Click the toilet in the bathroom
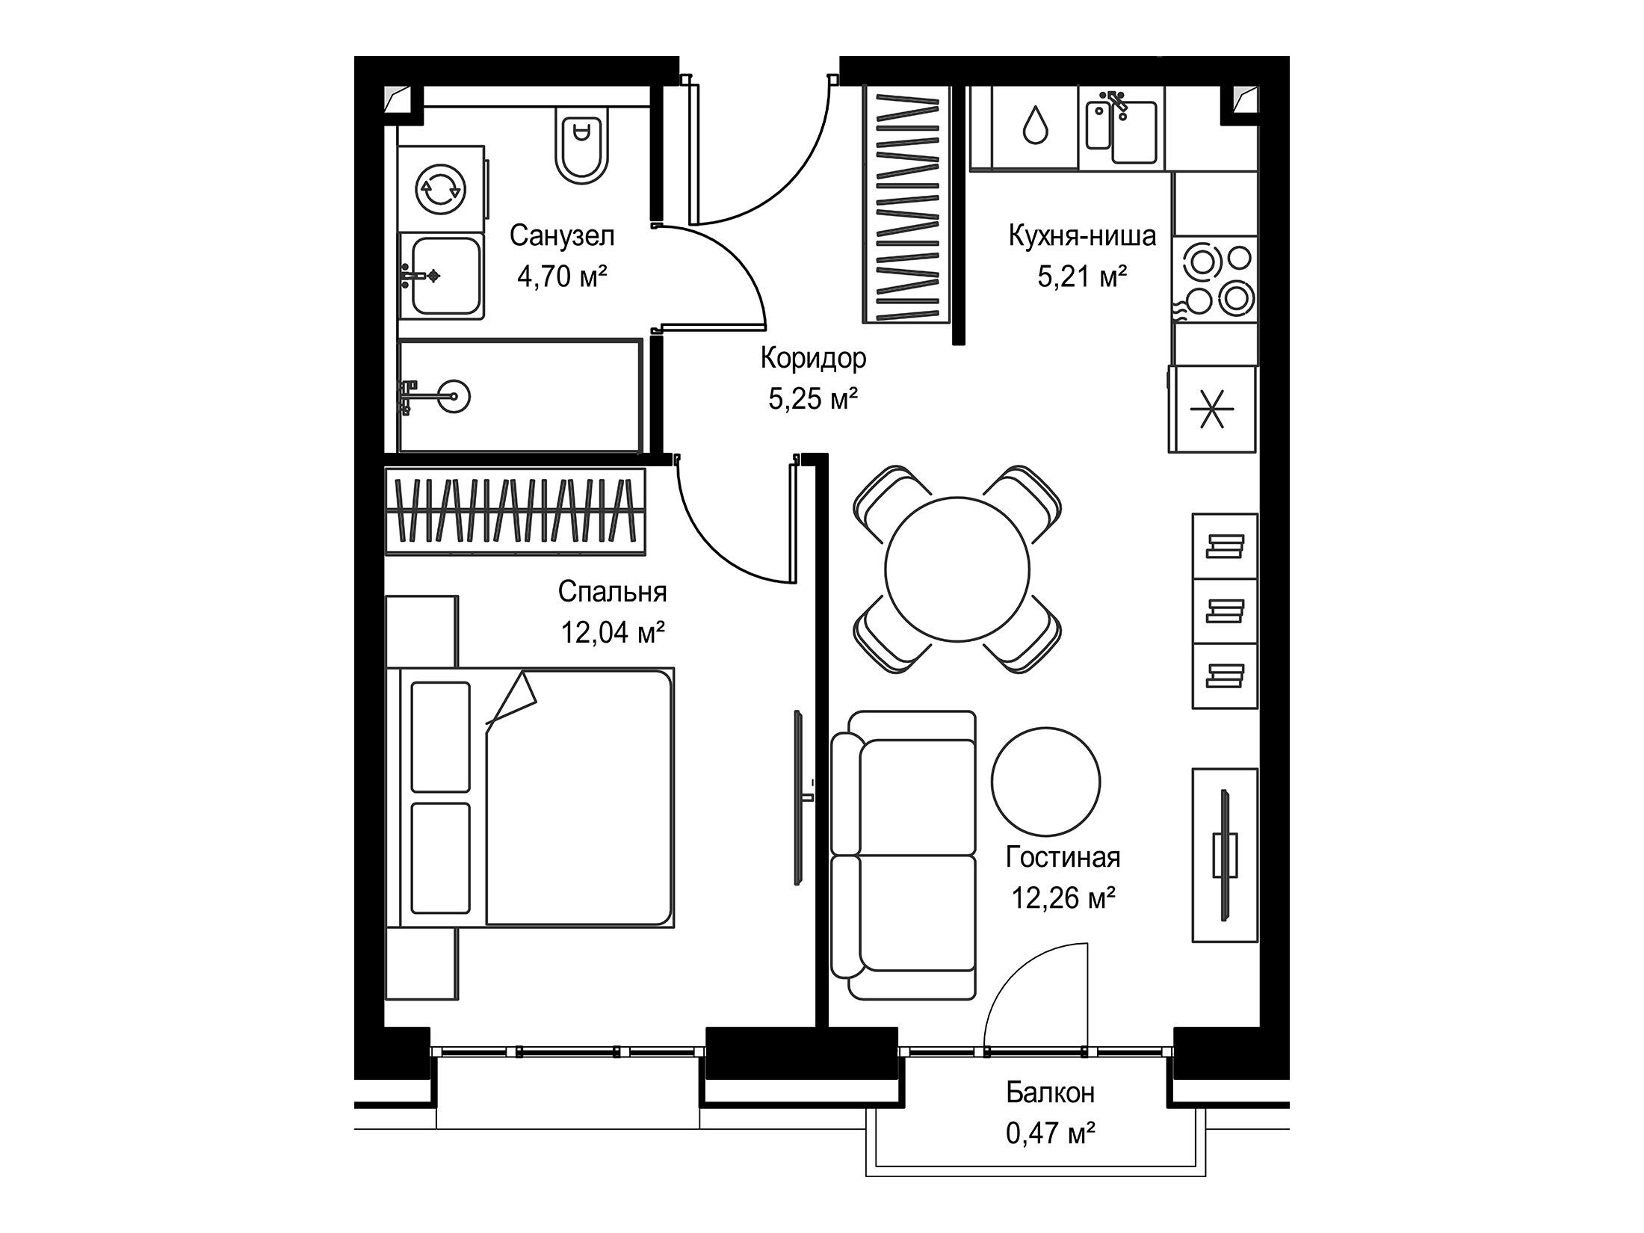pyautogui.click(x=582, y=143)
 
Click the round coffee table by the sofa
pyautogui.click(x=1045, y=780)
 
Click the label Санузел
pyautogui.click(x=562, y=236)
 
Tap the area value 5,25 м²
pyautogui.click(x=813, y=399)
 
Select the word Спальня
pyautogui.click(x=612, y=592)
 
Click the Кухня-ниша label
pyautogui.click(x=1082, y=235)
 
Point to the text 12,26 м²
pyautogui.click(x=1063, y=897)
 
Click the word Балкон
pyautogui.click(x=1050, y=1093)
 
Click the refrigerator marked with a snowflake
pyautogui.click(x=1213, y=409)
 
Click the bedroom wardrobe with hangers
pyautogui.click(x=515, y=511)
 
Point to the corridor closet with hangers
pyautogui.click(x=907, y=204)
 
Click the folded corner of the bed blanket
pyautogui.click(x=513, y=699)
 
